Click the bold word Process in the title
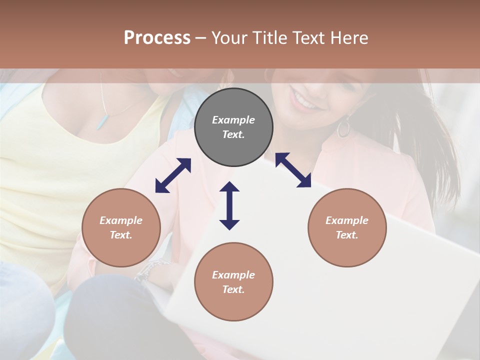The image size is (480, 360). [x=157, y=38]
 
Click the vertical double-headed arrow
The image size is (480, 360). [x=229, y=205]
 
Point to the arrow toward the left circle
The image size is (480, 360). [x=173, y=175]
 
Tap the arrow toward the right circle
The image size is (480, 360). [x=293, y=170]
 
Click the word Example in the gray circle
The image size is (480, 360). [x=233, y=120]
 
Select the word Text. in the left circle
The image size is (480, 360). [x=121, y=235]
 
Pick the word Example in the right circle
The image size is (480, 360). [x=347, y=220]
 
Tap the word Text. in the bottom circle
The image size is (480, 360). [x=233, y=289]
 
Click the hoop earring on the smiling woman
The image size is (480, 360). [x=343, y=128]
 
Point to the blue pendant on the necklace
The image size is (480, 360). [x=102, y=121]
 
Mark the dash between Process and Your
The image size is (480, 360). [x=200, y=38]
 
